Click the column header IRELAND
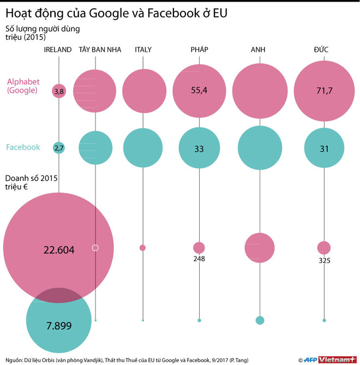[x=58, y=50]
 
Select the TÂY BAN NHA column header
[x=95, y=50]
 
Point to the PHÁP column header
[x=199, y=50]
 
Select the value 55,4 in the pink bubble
[x=199, y=90]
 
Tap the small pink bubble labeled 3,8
[x=59, y=92]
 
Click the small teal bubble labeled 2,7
[x=59, y=147]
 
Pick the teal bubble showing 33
[x=199, y=147]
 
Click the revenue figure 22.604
[x=58, y=250]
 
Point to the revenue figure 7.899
[x=58, y=325]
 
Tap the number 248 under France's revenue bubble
[x=199, y=259]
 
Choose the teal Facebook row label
[x=23, y=147]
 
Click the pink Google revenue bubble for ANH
[x=260, y=247]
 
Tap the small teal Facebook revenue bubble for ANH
[x=260, y=320]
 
